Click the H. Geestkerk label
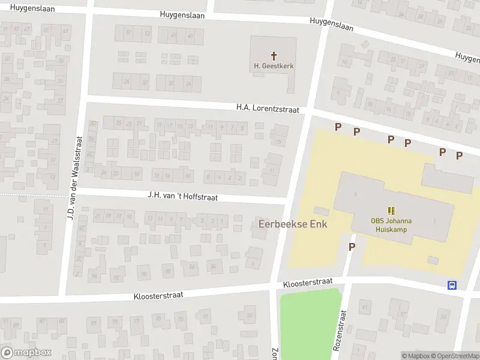[274, 66]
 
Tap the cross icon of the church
[274, 55]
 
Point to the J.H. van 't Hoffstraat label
[182, 196]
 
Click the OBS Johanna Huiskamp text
[391, 224]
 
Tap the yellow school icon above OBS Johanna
[391, 210]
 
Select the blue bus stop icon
[451, 285]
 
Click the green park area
[309, 324]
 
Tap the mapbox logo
[26, 353]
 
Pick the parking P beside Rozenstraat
[352, 246]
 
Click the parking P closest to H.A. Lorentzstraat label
[338, 127]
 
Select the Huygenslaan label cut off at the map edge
[467, 56]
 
